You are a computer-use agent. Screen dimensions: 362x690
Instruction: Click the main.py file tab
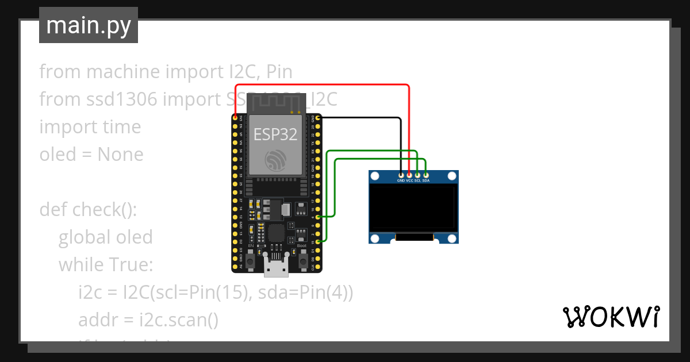point(88,25)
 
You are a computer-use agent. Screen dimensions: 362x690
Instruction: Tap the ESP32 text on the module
point(275,134)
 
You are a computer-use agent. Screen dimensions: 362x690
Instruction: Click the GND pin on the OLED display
point(401,174)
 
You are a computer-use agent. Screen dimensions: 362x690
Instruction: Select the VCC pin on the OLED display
point(409,174)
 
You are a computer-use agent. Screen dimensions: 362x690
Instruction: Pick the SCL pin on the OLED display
point(417,174)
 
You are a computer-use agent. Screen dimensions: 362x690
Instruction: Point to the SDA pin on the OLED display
point(426,174)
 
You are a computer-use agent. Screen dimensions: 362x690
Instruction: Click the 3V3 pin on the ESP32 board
point(235,117)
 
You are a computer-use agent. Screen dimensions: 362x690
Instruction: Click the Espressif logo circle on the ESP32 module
point(275,160)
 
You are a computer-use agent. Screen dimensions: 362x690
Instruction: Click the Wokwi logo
point(611,317)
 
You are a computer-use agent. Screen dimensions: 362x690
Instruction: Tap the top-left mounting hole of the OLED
point(375,176)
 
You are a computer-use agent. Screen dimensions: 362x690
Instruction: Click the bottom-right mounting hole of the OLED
point(452,238)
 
